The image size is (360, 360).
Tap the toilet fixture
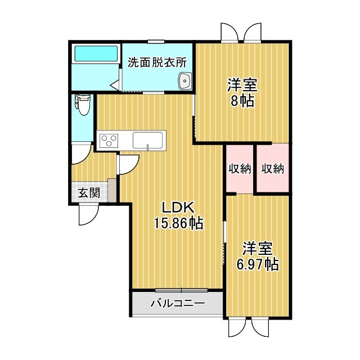pyautogui.click(x=83, y=104)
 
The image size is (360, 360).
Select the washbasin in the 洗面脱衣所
pyautogui.click(x=184, y=82)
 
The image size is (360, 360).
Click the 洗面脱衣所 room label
pyautogui.click(x=157, y=62)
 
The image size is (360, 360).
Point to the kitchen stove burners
pyautogui.click(x=108, y=139)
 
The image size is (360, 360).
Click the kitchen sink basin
pyautogui.click(x=148, y=139)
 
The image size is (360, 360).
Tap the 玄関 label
pyautogui.click(x=89, y=193)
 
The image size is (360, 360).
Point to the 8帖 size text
pyautogui.click(x=242, y=101)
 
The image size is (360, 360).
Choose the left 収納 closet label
pyautogui.click(x=240, y=169)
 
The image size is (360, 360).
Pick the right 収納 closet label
pyautogui.click(x=273, y=169)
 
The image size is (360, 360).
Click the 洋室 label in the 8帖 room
pyautogui.click(x=242, y=85)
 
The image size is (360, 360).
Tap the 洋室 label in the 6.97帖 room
pyautogui.click(x=258, y=247)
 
